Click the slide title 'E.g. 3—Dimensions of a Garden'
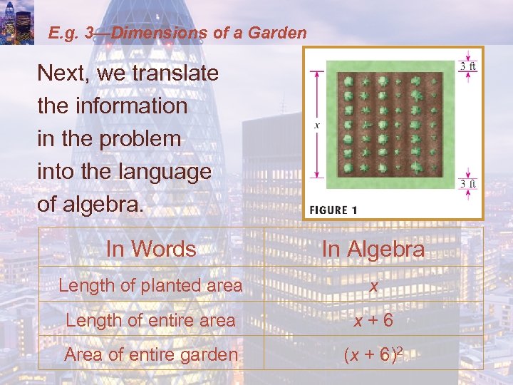pyautogui.click(x=177, y=33)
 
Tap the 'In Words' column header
pyautogui.click(x=151, y=249)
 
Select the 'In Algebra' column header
pyautogui.click(x=373, y=250)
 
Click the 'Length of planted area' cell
pyautogui.click(x=151, y=285)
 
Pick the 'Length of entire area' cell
pyautogui.click(x=151, y=320)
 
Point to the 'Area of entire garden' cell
pyautogui.click(x=151, y=354)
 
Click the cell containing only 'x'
pyautogui.click(x=373, y=285)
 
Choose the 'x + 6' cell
pyautogui.click(x=373, y=320)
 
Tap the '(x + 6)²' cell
pyautogui.click(x=373, y=354)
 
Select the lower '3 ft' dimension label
pyautogui.click(x=467, y=185)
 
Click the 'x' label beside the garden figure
pyautogui.click(x=317, y=125)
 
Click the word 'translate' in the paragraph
pyautogui.click(x=170, y=73)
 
